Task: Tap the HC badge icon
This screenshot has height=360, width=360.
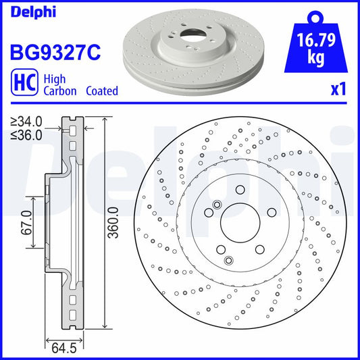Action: (x=22, y=84)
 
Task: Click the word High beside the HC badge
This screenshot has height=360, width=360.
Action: (x=54, y=78)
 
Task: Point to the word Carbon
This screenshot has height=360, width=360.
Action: (x=59, y=91)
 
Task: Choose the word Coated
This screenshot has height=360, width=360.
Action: (x=101, y=91)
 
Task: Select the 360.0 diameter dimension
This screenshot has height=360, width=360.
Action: (x=114, y=219)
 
